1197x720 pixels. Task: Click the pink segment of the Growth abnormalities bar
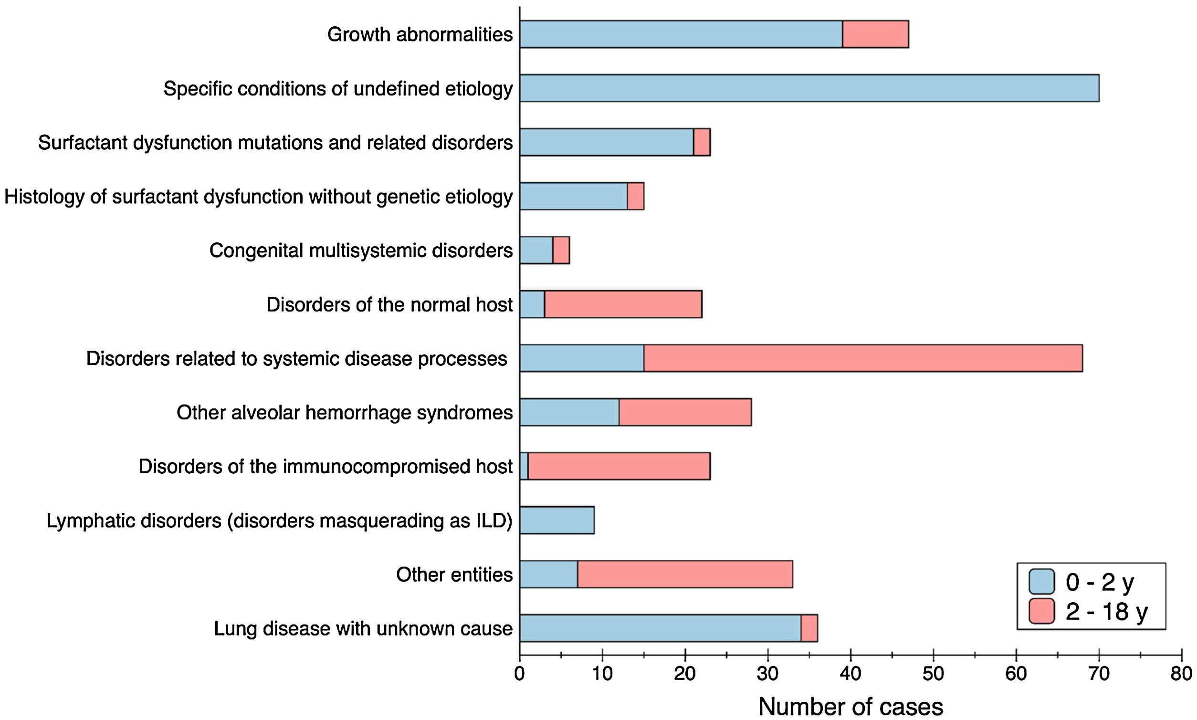[x=875, y=34]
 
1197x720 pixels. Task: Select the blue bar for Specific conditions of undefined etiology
[x=809, y=88]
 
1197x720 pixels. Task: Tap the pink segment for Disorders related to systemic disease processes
[x=863, y=358]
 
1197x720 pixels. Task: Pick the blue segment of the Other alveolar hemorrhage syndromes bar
[x=569, y=412]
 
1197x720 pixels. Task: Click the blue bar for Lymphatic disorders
[x=557, y=521]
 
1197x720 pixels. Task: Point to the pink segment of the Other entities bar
[x=684, y=574]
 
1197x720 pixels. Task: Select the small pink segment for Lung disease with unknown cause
[x=809, y=628]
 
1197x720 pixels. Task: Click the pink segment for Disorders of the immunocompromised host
[x=619, y=466]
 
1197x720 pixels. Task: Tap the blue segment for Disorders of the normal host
[x=532, y=304]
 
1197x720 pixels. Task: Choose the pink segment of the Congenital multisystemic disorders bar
[x=561, y=250]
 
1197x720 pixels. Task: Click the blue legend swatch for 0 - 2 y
[x=1041, y=582]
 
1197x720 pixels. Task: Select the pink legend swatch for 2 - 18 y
[x=1041, y=611]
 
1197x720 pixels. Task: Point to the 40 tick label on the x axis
[x=850, y=674]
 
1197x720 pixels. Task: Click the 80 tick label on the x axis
[x=1181, y=674]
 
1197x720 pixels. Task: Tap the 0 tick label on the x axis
[x=520, y=674]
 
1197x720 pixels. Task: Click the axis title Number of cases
[x=850, y=707]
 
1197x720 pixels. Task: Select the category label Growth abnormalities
[x=420, y=34]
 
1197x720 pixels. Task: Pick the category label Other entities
[x=454, y=574]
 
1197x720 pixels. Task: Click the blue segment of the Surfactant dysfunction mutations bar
[x=607, y=142]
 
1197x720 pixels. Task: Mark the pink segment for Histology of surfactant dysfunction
[x=636, y=197]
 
